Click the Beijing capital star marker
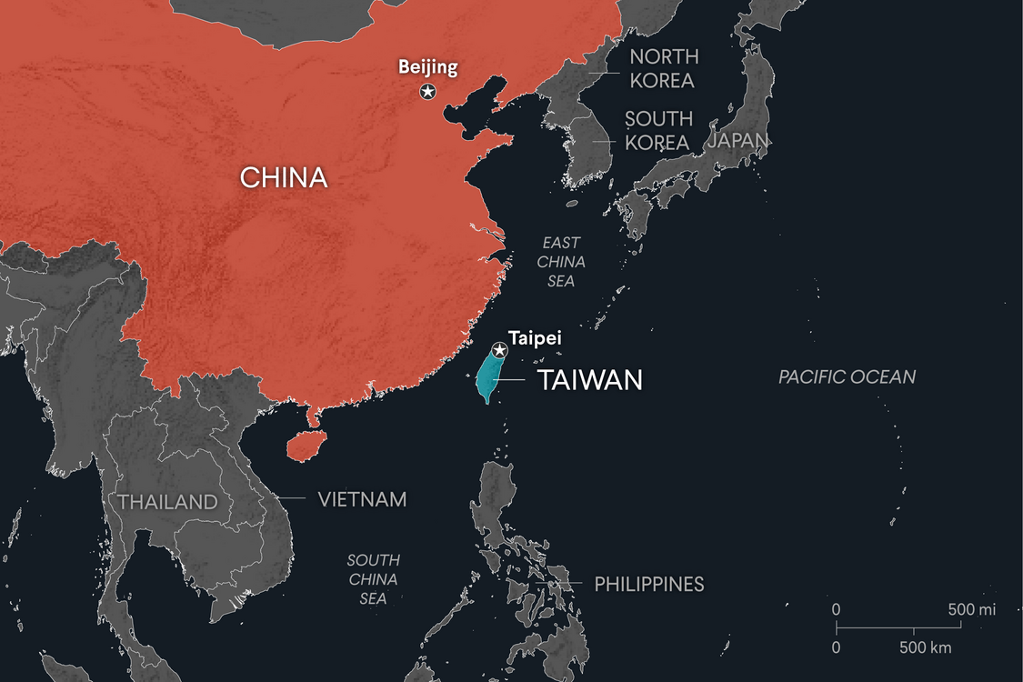click(427, 91)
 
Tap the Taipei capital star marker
click(499, 350)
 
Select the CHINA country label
click(284, 176)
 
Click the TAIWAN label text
click(590, 380)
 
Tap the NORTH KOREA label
click(663, 68)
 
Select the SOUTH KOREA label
click(658, 131)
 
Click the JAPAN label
click(738, 140)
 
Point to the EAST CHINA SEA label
click(561, 262)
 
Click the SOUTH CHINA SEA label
click(373, 579)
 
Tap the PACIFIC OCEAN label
click(847, 376)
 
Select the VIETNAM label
click(362, 499)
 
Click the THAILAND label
click(167, 502)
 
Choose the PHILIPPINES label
click(648, 584)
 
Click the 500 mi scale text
click(971, 609)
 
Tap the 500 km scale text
click(925, 647)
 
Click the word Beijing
click(427, 66)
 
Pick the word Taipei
click(535, 337)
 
